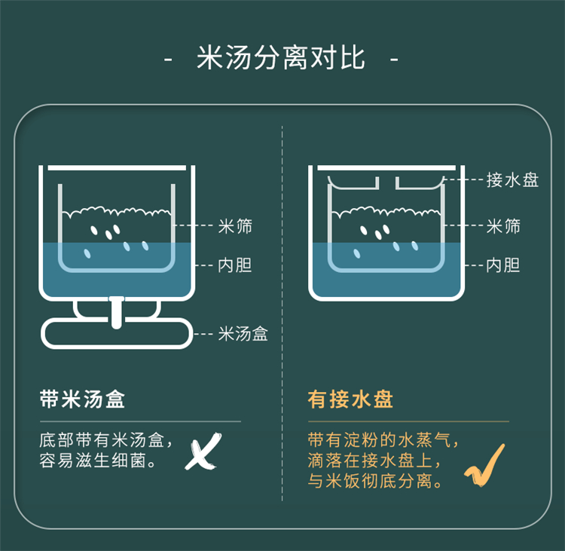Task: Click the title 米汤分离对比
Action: [281, 58]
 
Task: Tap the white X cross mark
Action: [203, 451]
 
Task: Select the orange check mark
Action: [484, 465]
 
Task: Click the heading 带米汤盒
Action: [82, 399]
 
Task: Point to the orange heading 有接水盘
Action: [350, 399]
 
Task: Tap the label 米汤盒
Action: [243, 334]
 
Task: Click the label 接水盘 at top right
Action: [512, 179]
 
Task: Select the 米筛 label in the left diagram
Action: [235, 226]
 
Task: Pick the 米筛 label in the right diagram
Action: [503, 226]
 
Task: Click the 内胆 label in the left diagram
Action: [234, 265]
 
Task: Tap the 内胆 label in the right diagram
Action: [503, 265]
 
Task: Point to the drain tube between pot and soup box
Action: [116, 312]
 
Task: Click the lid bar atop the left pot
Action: [117, 167]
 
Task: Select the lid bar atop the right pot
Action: [386, 167]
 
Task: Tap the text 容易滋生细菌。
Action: [97, 461]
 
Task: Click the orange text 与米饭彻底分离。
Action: [374, 481]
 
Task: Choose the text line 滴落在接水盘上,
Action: [374, 461]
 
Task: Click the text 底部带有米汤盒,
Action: [106, 440]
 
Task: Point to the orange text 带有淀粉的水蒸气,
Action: [383, 440]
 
